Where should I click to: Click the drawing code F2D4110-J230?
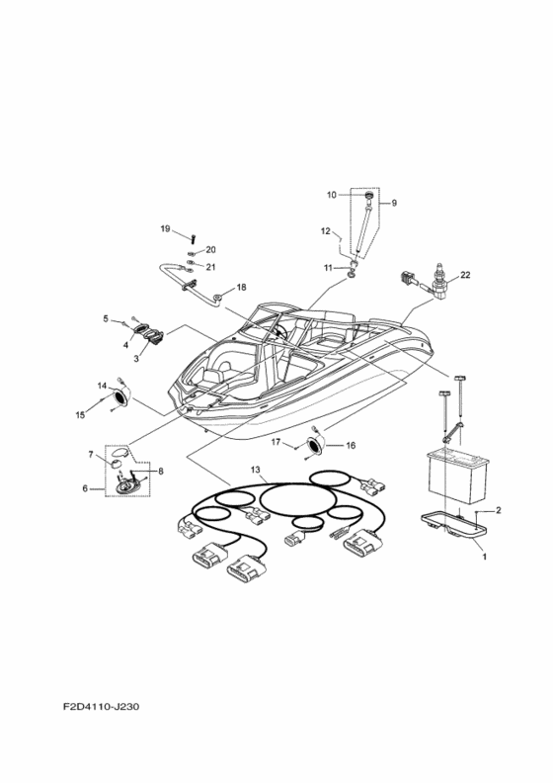(102, 707)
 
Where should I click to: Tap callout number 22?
(465, 275)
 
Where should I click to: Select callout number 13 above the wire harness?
(256, 470)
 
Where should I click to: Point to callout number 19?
(165, 228)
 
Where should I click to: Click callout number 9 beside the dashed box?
(394, 203)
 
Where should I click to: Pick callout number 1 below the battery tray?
(484, 556)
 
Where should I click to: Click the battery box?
(458, 476)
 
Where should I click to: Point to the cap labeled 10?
(369, 195)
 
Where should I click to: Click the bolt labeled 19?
(193, 236)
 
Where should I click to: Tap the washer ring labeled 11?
(353, 273)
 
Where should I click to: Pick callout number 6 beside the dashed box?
(85, 488)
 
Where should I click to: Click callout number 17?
(276, 442)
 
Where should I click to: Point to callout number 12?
(326, 231)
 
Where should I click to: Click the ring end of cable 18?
(218, 299)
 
